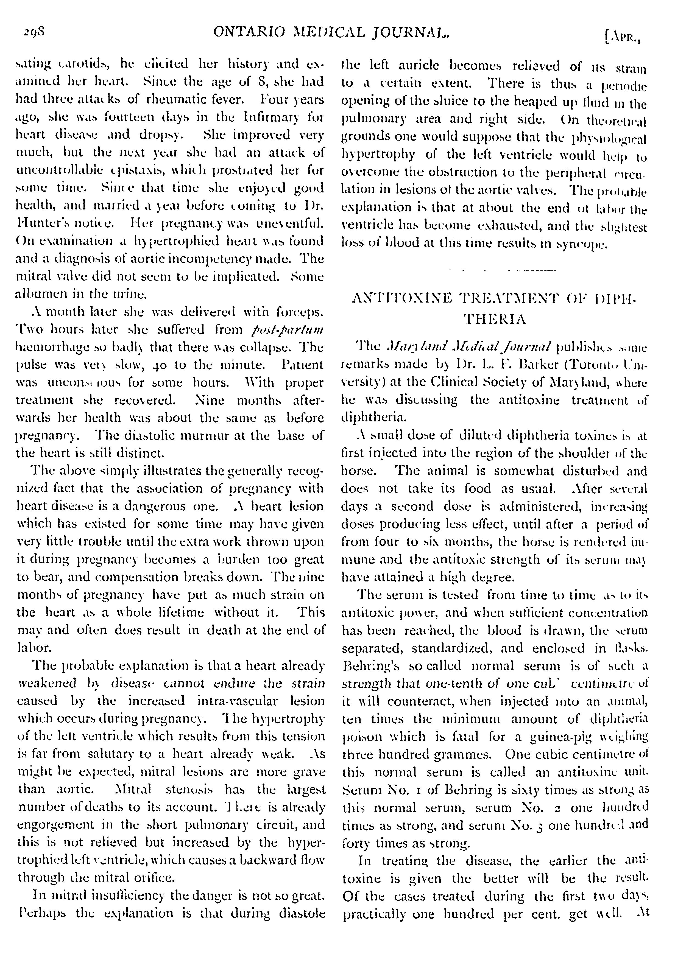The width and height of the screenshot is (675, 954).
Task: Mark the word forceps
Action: pyautogui.click(x=299, y=312)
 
